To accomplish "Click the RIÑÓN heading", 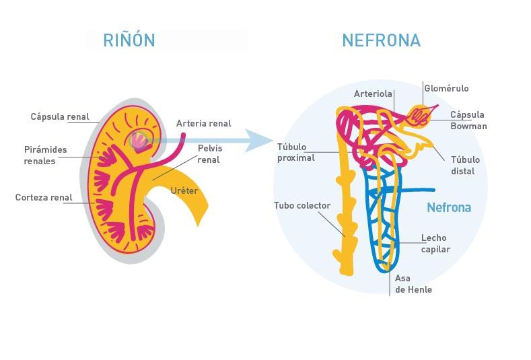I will coord(129,40).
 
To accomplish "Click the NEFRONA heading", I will coord(381,40).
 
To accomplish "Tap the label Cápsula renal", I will coord(60,117).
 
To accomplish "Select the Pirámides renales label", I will coord(45,155).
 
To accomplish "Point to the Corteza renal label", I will coord(44,198).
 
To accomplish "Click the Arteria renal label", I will coord(203,124).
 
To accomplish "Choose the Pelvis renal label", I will coord(209,154).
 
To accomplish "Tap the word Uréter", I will coord(184,191).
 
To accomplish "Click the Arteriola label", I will coord(373,94).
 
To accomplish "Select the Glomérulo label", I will coord(446,89).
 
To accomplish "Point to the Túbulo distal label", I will coord(465,166).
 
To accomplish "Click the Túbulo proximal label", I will coord(295,153).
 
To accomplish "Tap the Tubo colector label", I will coord(302,205).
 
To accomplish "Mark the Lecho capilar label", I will coord(435,244).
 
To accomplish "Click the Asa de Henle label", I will coord(413,284).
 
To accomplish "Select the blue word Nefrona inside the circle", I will coord(449,208).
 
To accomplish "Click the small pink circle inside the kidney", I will coord(138,141).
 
